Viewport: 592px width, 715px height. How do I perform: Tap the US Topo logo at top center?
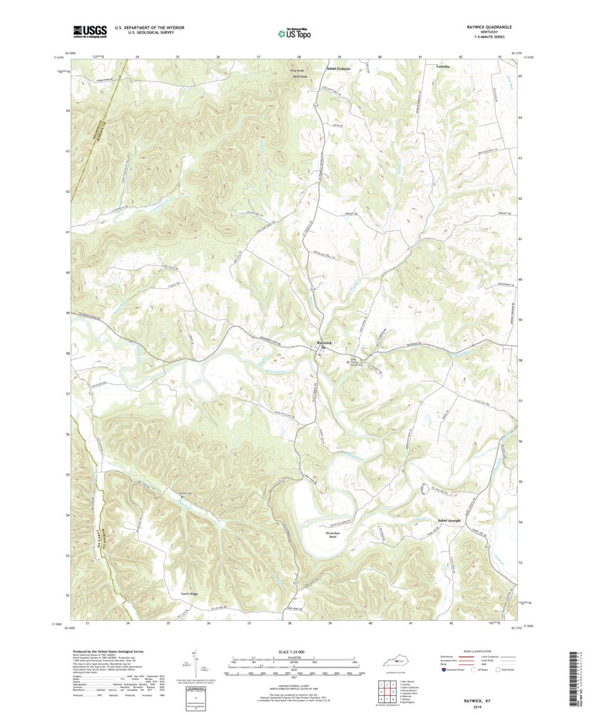(x=294, y=33)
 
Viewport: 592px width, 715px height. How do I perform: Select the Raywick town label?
(x=324, y=343)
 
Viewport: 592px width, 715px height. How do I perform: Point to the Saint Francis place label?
(x=338, y=69)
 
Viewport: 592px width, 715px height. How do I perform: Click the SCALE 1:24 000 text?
(x=294, y=652)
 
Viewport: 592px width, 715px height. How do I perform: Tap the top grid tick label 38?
(x=299, y=56)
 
